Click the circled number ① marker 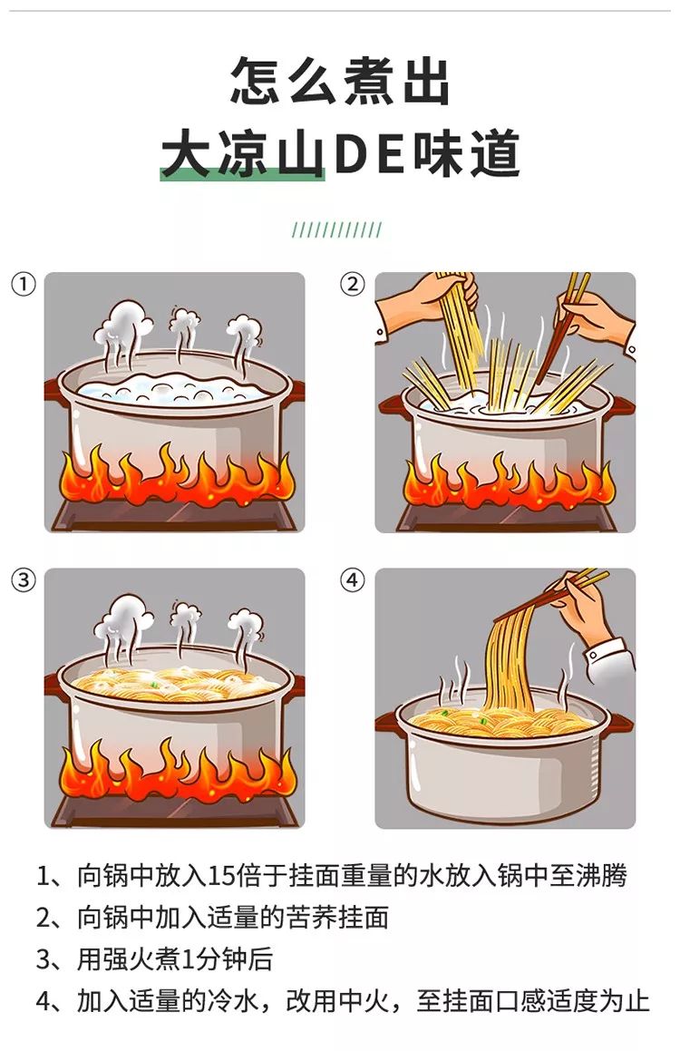click(24, 284)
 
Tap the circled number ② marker click(353, 284)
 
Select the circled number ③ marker click(24, 579)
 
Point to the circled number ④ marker click(353, 579)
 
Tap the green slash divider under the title click(336, 230)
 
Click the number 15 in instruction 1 click(222, 876)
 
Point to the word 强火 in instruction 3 click(128, 959)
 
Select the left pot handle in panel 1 click(53, 390)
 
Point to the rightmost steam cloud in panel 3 click(245, 626)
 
